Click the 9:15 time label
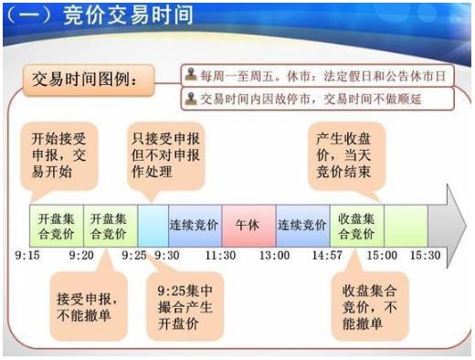click(27, 255)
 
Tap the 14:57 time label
click(325, 255)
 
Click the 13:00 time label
click(275, 255)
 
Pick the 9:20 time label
click(82, 255)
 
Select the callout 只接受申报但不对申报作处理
click(167, 148)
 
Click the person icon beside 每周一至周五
click(190, 72)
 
